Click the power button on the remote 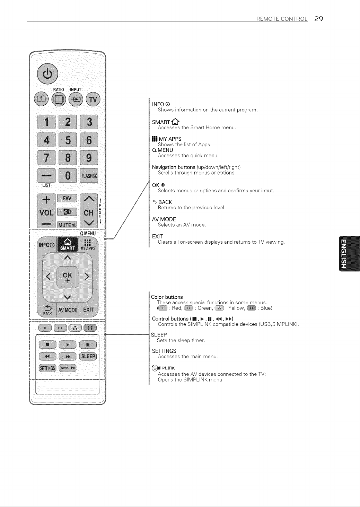pos(47,74)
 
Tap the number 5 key pos(68,140)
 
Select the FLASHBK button pos(89,175)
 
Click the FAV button pos(67,198)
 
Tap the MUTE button pos(67,225)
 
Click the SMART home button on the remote pos(68,244)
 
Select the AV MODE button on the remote pos(68,310)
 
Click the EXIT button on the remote pos(88,309)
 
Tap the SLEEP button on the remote pos(88,356)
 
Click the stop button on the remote pos(47,345)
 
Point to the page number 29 pos(318,19)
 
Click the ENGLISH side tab pos(349,254)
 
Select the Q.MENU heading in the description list pos(163,150)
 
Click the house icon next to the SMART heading pos(175,122)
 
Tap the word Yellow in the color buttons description pos(236,308)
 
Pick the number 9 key pos(89,158)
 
